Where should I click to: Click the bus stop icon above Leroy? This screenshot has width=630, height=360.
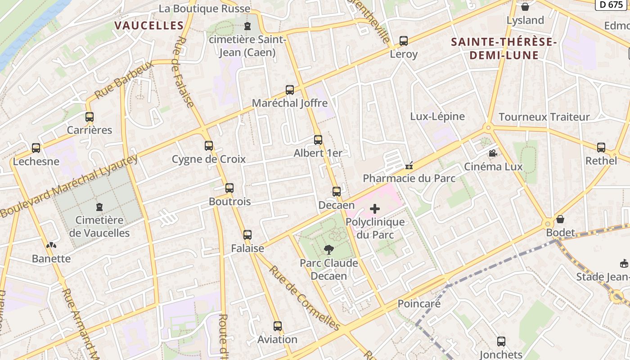point(404,41)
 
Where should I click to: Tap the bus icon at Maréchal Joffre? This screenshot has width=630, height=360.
point(290,90)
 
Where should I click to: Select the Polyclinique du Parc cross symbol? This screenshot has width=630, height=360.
point(375,209)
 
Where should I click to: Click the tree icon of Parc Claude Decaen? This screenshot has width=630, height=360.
point(329,250)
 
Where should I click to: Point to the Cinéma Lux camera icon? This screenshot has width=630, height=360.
point(493,153)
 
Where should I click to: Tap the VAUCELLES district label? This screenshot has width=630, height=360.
point(149,26)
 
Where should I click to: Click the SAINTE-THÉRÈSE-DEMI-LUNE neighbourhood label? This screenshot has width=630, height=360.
point(504,49)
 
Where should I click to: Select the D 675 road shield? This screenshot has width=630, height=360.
point(612,4)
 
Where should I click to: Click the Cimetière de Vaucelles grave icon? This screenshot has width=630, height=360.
point(99,207)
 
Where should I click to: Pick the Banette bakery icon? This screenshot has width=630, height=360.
point(51,246)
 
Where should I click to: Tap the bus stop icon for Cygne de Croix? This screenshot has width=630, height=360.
point(208,146)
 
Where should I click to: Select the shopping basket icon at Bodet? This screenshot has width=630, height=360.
point(560,219)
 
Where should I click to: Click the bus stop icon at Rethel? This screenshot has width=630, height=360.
point(601,148)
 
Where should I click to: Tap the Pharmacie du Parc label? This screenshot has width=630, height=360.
point(409,178)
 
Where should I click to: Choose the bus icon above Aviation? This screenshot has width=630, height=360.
point(278,326)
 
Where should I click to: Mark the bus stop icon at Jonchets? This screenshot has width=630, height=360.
point(501,342)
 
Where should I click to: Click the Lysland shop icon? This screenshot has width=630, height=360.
point(525,7)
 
